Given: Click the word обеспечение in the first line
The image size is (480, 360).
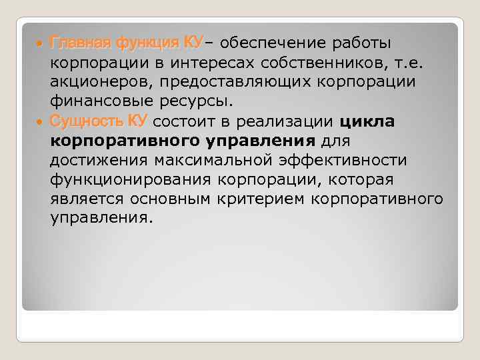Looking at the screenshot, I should (274, 44).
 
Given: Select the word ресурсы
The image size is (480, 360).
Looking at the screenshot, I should (197, 102).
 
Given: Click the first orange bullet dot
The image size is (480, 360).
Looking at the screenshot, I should (41, 44).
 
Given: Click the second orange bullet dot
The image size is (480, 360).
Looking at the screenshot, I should (41, 122).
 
